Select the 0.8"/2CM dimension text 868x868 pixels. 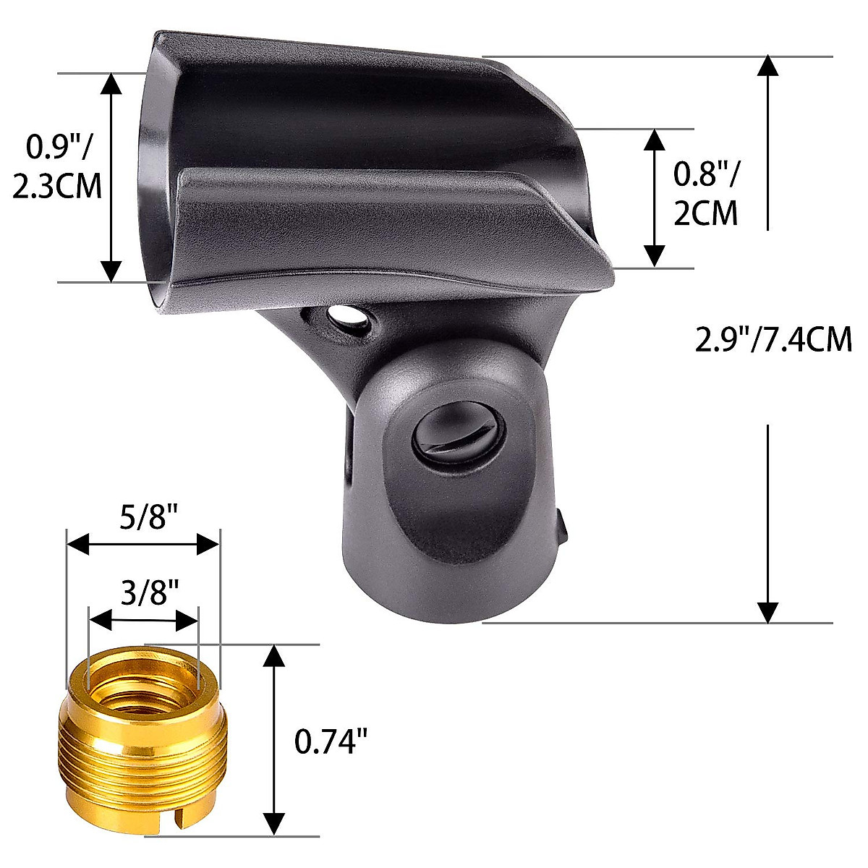[x=706, y=193]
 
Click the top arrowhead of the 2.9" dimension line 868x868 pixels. [x=767, y=65]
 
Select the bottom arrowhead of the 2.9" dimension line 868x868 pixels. [x=767, y=613]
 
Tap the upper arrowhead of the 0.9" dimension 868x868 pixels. [x=111, y=82]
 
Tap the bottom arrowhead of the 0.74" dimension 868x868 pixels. [x=273, y=825]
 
